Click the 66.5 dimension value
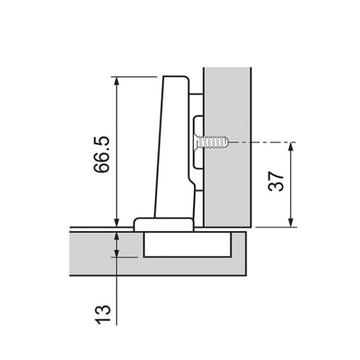pyautogui.click(x=101, y=154)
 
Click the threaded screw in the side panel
pyautogui.click(x=211, y=143)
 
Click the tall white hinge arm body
pyautogui.click(x=174, y=144)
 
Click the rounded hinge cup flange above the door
pyautogui.click(x=163, y=224)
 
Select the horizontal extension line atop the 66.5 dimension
pyautogui.click(x=135, y=77)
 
